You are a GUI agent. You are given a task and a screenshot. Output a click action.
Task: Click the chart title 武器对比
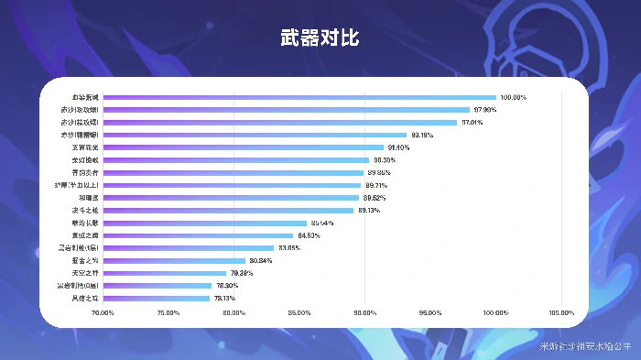pyautogui.click(x=320, y=38)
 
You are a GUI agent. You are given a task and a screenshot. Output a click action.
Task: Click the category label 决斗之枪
pyautogui.click(x=85, y=210)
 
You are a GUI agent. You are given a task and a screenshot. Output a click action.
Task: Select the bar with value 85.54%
pyautogui.click(x=205, y=223)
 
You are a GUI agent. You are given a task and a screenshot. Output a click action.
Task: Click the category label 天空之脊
pyautogui.click(x=85, y=273)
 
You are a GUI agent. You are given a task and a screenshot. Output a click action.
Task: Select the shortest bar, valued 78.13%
pyautogui.click(x=157, y=299)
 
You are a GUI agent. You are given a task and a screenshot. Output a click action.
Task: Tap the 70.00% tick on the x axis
pyautogui.click(x=103, y=313)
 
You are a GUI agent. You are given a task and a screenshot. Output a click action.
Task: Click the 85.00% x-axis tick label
pyautogui.click(x=299, y=313)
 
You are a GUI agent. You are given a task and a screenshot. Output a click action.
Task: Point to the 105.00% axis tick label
pyautogui.click(x=561, y=313)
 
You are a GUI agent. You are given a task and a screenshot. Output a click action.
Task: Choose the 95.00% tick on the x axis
pyautogui.click(x=430, y=313)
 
